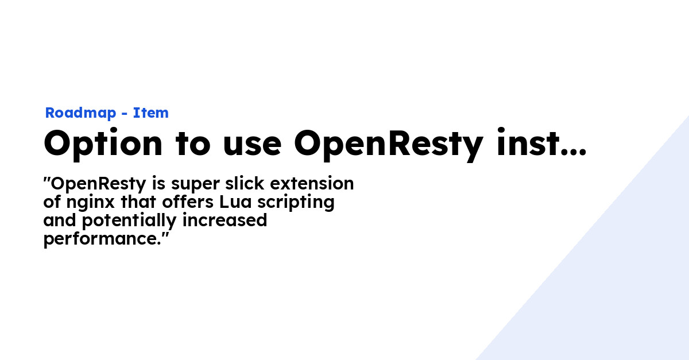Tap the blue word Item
click(x=151, y=113)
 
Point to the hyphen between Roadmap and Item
click(x=125, y=114)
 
